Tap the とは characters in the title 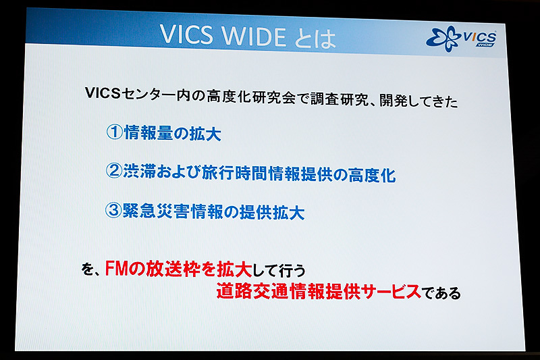(315, 36)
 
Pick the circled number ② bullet (114, 174)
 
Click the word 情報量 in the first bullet (148, 133)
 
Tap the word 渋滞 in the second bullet (139, 174)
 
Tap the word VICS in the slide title (186, 36)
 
